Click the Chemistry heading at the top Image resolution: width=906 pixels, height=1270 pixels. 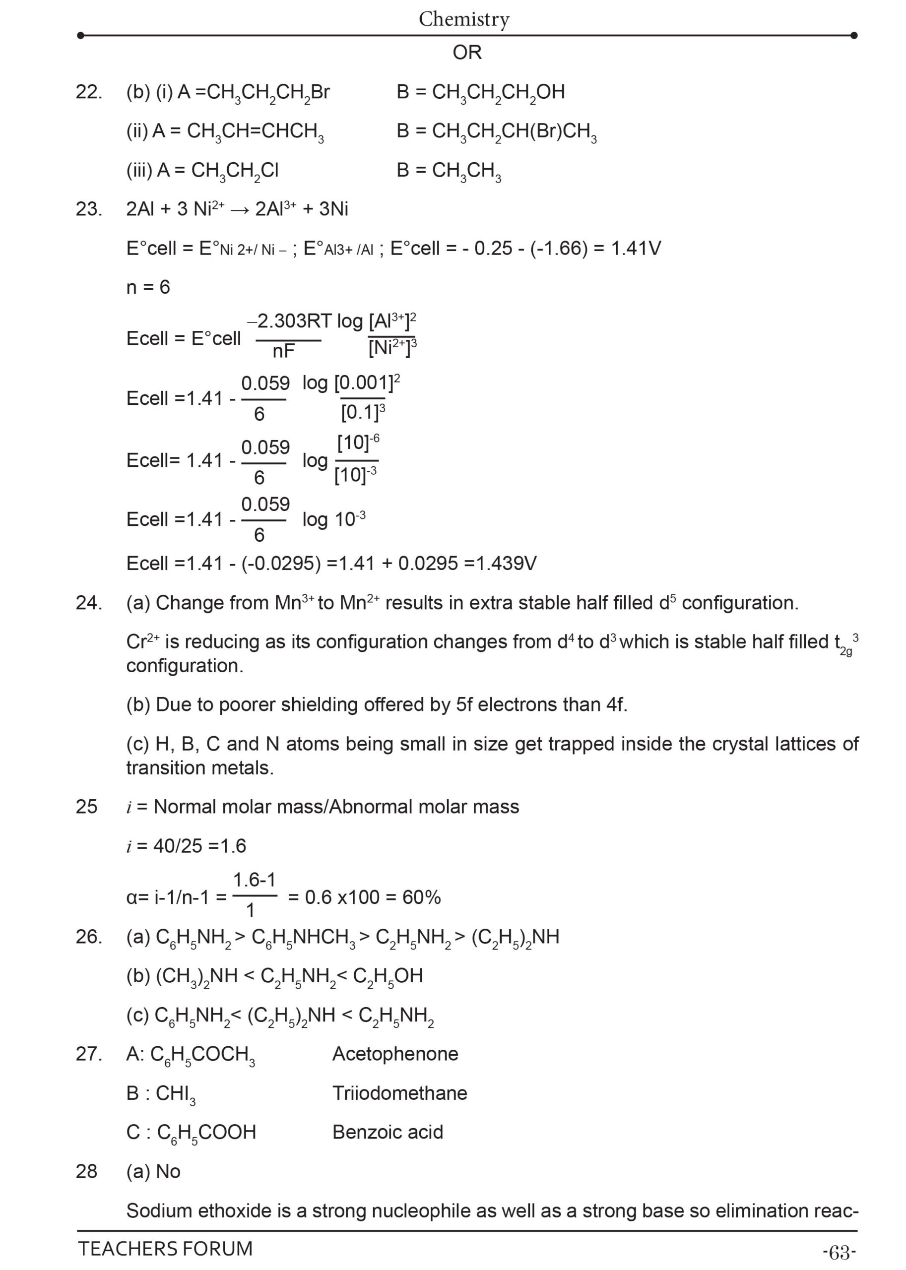pos(463,19)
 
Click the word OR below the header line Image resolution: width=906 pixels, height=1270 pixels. pos(467,53)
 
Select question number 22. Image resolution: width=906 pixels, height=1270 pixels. pos(89,92)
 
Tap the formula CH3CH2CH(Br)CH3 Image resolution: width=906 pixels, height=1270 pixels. pos(514,131)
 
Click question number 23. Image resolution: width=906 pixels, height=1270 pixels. pos(89,209)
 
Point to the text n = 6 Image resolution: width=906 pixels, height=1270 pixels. pos(148,287)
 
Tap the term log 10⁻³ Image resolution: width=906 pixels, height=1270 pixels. pos(333,519)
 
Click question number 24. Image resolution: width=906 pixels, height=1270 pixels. pos(89,603)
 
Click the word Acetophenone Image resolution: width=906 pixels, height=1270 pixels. pos(395,1054)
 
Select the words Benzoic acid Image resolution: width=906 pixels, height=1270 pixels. pos(388,1132)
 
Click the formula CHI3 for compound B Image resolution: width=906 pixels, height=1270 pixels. pos(175,1094)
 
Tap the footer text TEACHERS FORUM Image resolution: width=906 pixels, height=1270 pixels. pos(165,1248)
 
